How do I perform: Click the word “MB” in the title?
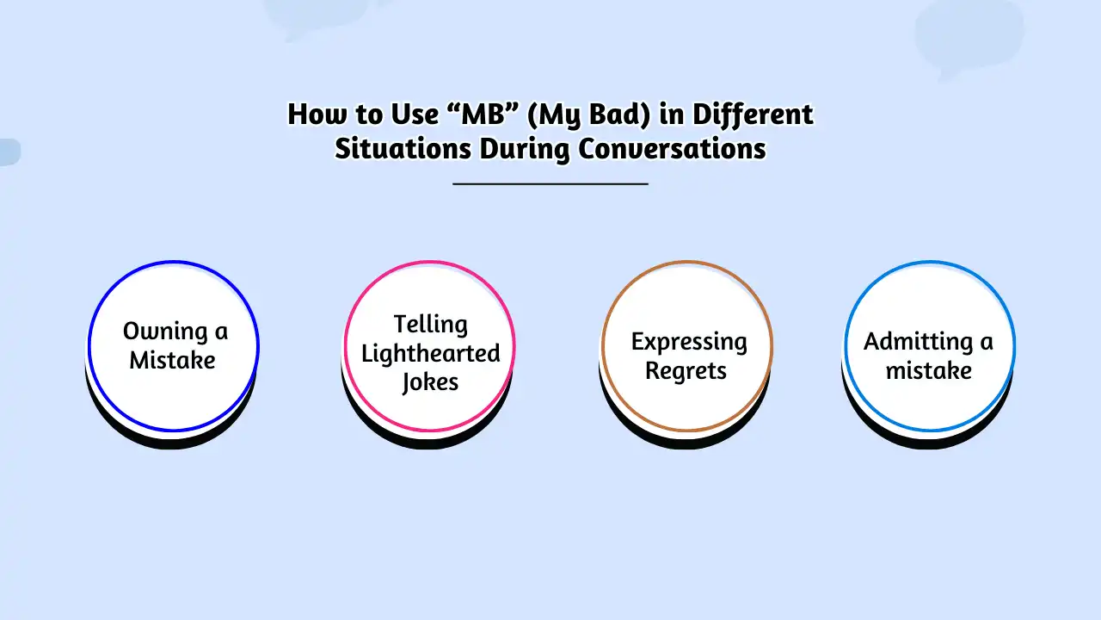483,115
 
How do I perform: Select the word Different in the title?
753,115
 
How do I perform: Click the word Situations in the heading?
403,149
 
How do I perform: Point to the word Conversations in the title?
672,149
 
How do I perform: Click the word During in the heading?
525,150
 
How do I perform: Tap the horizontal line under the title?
550,184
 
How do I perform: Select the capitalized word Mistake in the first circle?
172,360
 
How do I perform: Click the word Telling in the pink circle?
431,325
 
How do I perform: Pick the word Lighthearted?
431,353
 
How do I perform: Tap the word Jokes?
431,382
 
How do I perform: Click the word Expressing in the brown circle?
689,343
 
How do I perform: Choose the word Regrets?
686,371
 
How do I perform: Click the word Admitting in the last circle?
918,342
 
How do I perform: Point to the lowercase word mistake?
929,370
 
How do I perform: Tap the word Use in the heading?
415,115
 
